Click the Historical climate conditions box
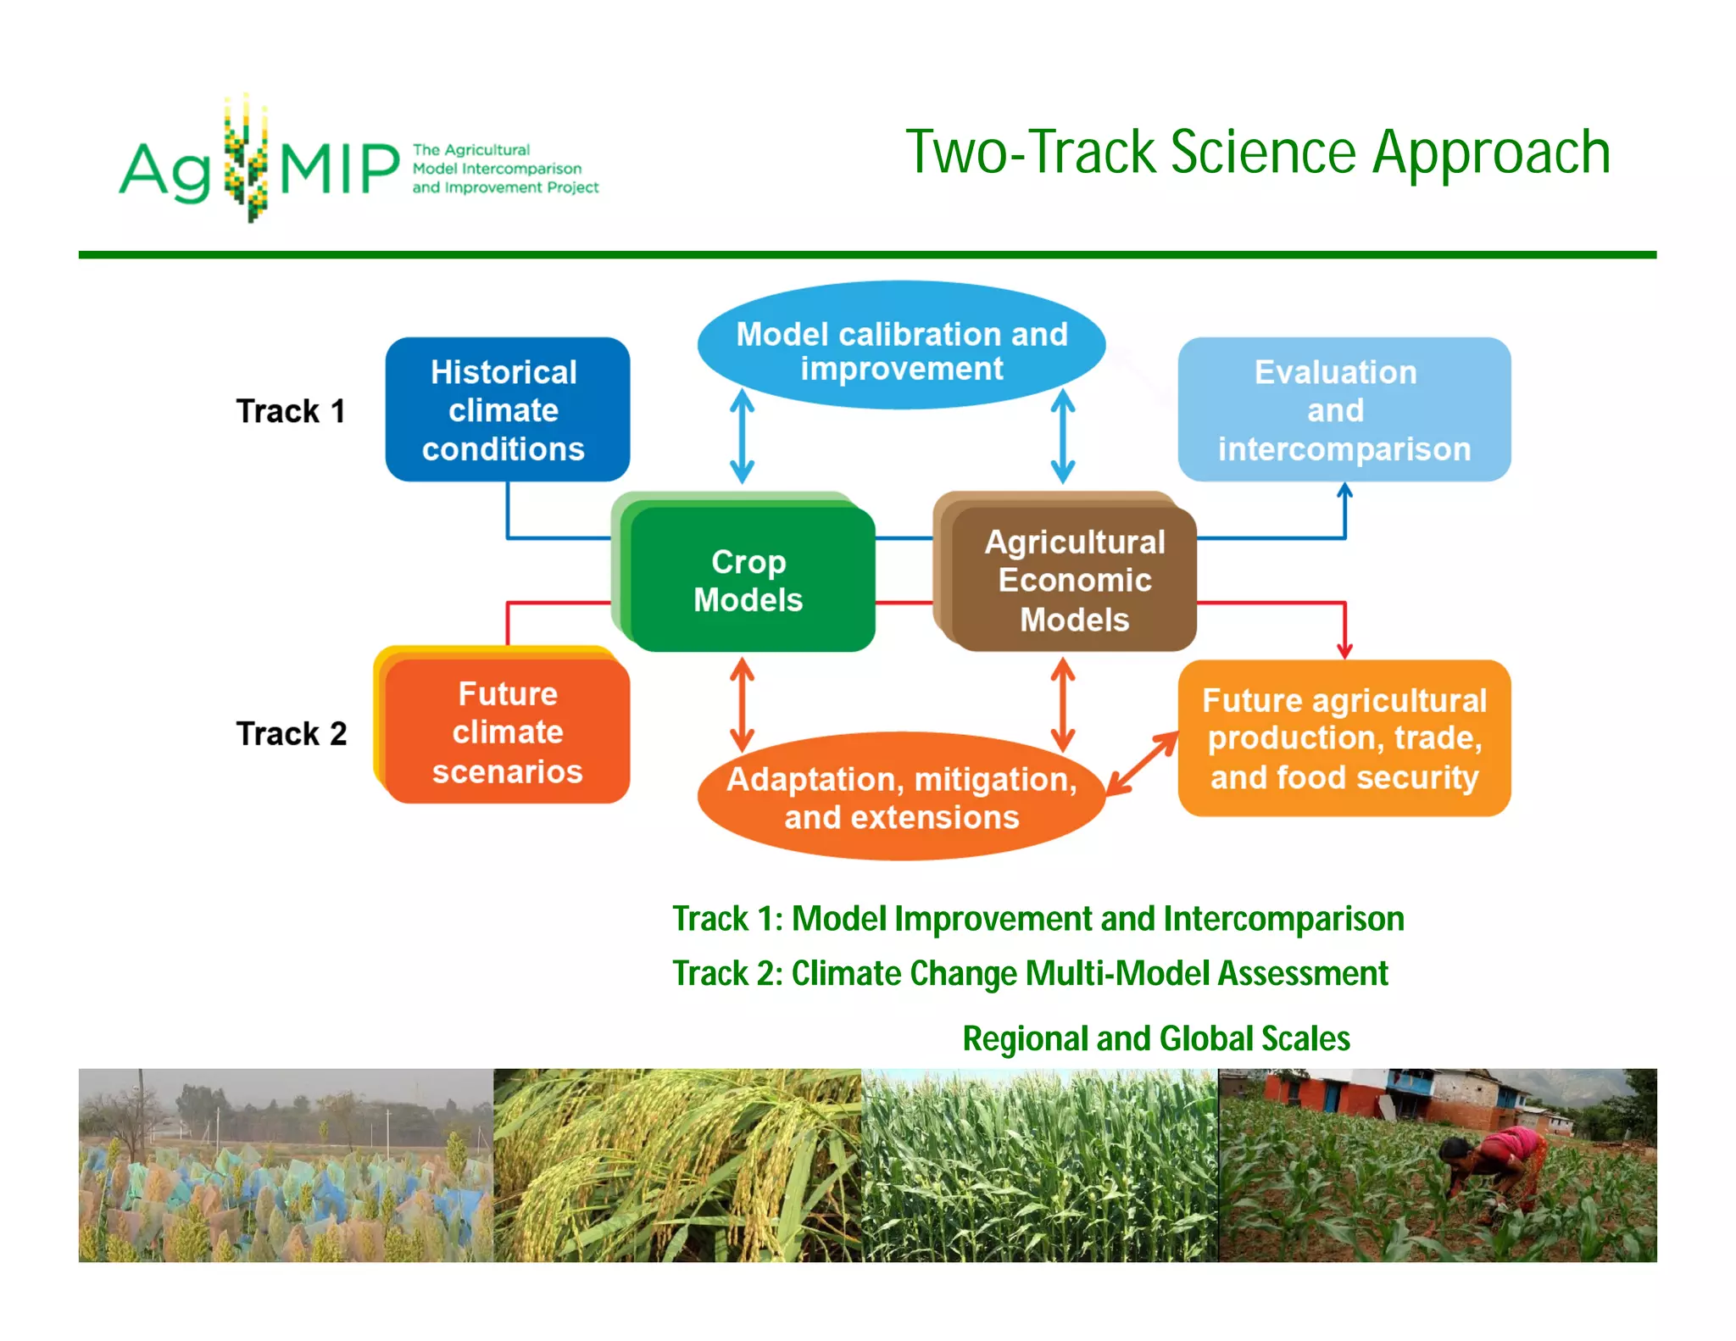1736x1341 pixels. coord(507,409)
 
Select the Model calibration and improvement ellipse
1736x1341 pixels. coord(901,346)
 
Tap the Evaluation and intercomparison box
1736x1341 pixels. coord(1344,409)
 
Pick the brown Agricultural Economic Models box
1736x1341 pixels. coord(1073,581)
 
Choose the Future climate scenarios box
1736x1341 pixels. coord(507,732)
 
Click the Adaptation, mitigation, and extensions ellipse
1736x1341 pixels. coord(901,797)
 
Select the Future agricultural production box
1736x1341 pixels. coord(1344,737)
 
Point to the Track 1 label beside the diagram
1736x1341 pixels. coord(291,411)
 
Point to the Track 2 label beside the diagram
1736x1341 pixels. coord(291,733)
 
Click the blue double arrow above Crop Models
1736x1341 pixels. coord(743,437)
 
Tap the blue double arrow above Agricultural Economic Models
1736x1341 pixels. coord(1063,437)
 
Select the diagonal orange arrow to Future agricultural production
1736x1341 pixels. coord(1142,763)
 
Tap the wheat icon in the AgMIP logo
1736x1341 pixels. coord(246,159)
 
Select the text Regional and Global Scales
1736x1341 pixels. coord(1155,1038)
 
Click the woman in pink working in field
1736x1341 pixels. coord(1496,1166)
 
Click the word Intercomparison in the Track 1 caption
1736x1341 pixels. coord(1283,919)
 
